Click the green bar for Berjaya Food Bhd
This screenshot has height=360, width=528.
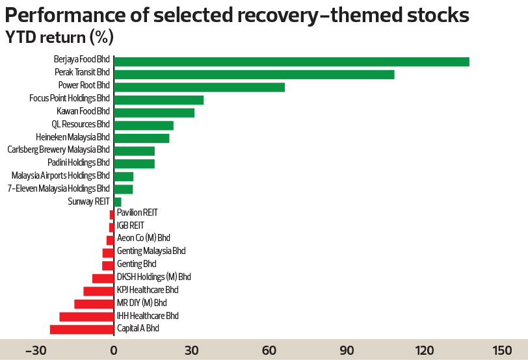[x=291, y=62]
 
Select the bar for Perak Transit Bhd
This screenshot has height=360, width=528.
[x=254, y=75]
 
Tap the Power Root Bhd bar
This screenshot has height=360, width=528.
[x=199, y=87]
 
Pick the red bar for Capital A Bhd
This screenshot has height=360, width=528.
[x=82, y=329]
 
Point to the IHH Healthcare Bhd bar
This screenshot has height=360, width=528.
[x=86, y=316]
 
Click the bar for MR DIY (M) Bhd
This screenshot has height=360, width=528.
[x=94, y=303]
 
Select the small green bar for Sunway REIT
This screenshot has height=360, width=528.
[x=118, y=202]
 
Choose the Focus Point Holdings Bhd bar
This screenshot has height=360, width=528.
[x=159, y=100]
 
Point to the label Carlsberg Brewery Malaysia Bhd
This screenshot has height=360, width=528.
[x=59, y=150]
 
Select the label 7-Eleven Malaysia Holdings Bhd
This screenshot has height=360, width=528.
[x=59, y=189]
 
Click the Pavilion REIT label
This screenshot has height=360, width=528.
[x=137, y=212]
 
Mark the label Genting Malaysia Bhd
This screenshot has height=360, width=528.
[x=151, y=251]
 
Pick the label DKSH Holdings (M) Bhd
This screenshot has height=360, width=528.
[x=153, y=277]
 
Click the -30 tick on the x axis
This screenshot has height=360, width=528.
[x=36, y=351]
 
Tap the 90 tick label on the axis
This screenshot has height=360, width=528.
[x=347, y=351]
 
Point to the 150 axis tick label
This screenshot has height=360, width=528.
[x=503, y=351]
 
